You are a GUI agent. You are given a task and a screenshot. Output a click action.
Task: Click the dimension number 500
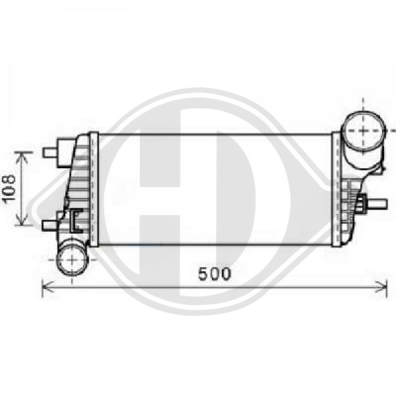pos(214,274)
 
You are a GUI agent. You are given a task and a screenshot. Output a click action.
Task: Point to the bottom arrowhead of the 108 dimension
pos(22,223)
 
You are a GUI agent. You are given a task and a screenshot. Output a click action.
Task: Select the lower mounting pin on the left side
pos(50,225)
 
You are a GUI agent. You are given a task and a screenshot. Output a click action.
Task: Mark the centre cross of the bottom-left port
pos(72,259)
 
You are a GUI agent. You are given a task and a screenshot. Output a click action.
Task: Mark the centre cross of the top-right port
pos(364,129)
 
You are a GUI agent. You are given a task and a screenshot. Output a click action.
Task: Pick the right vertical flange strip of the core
pos(335,190)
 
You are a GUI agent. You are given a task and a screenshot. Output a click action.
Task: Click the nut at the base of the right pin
pos(361,204)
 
